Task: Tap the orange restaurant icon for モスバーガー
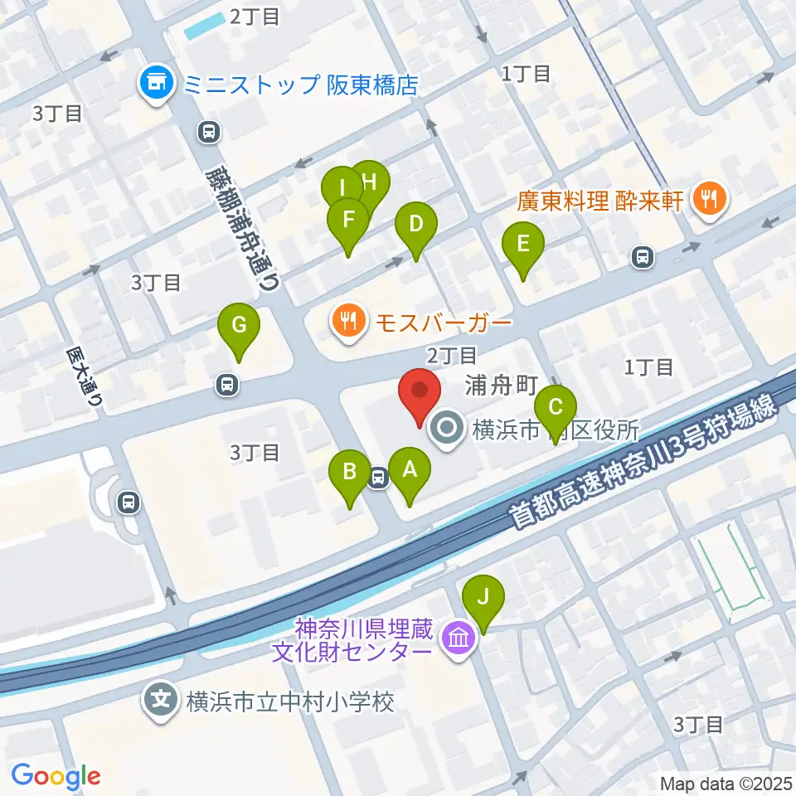click(x=349, y=321)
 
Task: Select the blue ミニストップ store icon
click(x=156, y=84)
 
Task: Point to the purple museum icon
click(x=457, y=639)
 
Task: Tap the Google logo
click(x=56, y=775)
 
